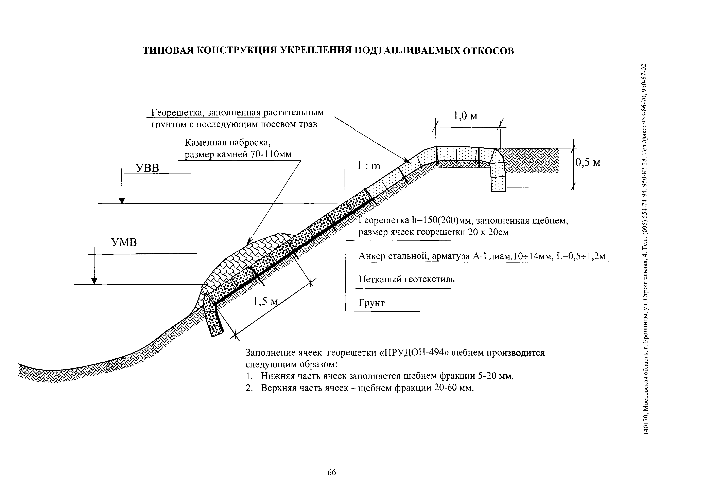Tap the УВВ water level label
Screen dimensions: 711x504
point(148,168)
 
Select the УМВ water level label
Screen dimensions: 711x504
point(124,242)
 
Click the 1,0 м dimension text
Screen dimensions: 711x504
point(465,116)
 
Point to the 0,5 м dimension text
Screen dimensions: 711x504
point(588,162)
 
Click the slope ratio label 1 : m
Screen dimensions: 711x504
point(368,166)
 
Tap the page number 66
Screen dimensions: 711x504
point(332,472)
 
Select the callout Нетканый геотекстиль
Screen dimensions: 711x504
point(406,279)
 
